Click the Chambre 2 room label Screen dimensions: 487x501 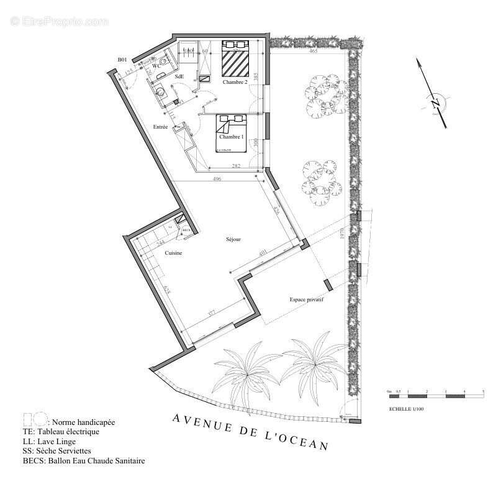point(235,82)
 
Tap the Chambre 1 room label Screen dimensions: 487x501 point(230,137)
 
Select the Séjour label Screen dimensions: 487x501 point(233,239)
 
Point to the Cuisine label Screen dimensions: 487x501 point(173,253)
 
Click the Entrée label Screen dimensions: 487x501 point(161,127)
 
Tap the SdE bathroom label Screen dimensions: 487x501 point(179,76)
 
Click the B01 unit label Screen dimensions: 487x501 point(122,60)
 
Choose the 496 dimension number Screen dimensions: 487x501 point(217,180)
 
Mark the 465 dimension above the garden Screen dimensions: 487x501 point(314,51)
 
